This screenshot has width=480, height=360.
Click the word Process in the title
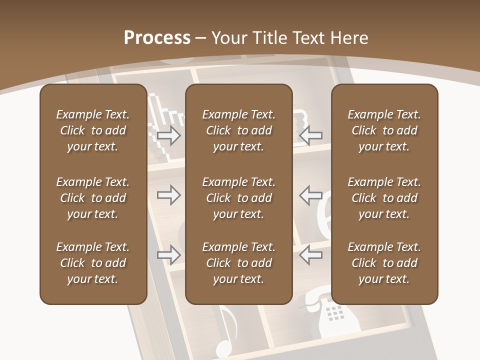[157, 38]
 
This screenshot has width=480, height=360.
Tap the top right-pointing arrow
[168, 135]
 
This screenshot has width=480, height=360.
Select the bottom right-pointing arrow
[168, 255]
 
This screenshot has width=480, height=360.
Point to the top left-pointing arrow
[311, 135]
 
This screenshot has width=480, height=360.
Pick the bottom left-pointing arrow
[311, 255]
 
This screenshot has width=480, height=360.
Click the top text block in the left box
[93, 130]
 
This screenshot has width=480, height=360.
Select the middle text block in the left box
[93, 198]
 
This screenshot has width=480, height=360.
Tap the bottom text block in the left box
[93, 263]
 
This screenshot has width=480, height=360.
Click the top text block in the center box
[238, 130]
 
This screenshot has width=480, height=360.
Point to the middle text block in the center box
[238, 198]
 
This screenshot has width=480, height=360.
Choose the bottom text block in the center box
[238, 263]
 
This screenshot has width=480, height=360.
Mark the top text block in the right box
[384, 130]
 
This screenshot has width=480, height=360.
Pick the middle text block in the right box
[384, 198]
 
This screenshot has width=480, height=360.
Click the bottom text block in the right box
[384, 263]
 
